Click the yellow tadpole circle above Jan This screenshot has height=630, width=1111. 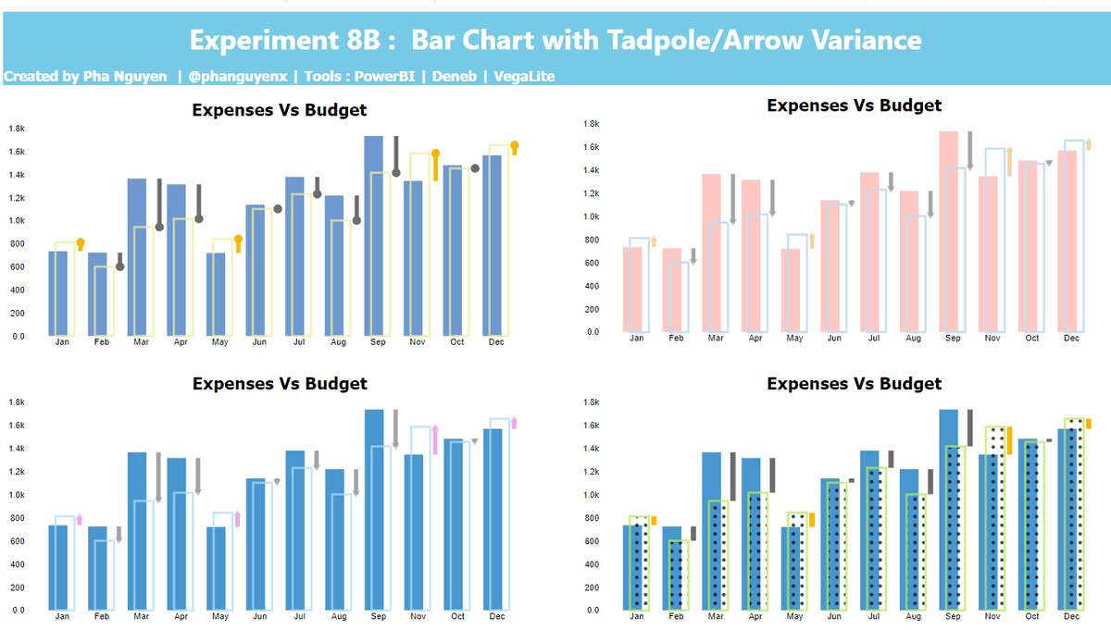click(80, 242)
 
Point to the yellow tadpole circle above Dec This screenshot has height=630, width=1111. click(515, 145)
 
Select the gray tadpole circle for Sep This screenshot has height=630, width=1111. click(396, 173)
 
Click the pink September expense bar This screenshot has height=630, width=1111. click(949, 231)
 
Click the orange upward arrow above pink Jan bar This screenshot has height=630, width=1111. click(654, 241)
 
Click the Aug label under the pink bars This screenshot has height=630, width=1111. click(914, 339)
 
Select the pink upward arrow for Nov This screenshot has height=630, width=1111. click(435, 439)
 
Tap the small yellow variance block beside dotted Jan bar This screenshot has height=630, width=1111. click(654, 521)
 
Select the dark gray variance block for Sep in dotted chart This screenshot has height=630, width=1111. click(969, 428)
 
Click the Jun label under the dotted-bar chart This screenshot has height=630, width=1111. click(835, 616)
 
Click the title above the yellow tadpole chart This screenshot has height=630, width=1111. click(279, 110)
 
